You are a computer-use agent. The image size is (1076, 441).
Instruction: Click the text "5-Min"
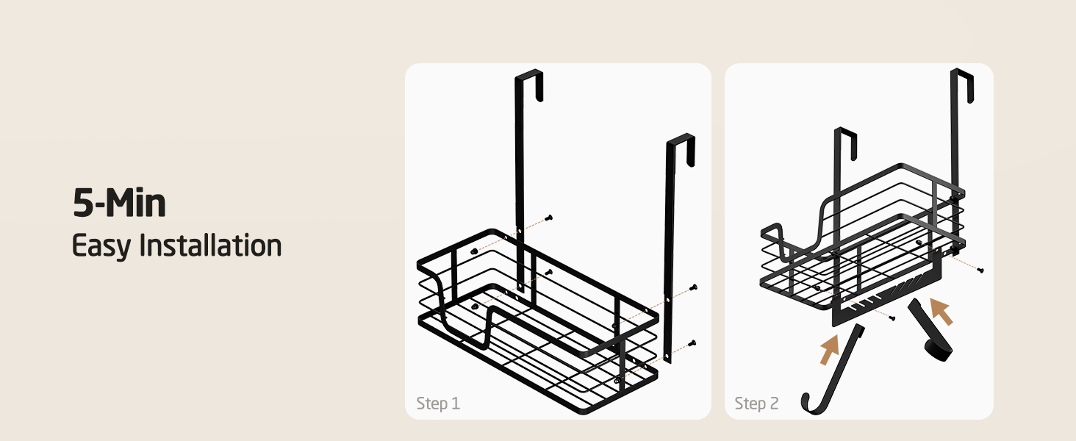119,203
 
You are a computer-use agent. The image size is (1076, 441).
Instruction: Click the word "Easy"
101,246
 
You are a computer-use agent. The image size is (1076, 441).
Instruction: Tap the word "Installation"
210,245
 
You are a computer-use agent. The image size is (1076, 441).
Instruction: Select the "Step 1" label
438,403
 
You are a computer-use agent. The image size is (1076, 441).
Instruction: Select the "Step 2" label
756,403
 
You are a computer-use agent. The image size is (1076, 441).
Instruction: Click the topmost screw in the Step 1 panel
549,218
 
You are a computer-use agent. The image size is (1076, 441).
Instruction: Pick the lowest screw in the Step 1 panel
692,343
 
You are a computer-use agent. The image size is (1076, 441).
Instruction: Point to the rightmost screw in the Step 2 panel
980,270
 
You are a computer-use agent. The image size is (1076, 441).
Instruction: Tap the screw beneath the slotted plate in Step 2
892,318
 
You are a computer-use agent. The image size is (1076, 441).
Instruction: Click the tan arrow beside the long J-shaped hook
830,349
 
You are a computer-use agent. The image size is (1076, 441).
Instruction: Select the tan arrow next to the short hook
941,311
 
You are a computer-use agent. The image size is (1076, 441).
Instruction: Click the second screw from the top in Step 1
549,273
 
